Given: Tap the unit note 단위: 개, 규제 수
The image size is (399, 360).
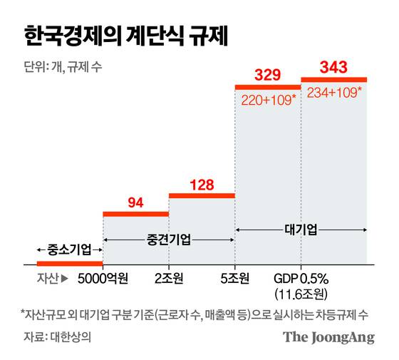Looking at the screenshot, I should pyautogui.click(x=68, y=69).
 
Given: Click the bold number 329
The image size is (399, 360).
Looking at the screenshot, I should pyautogui.click(x=267, y=74).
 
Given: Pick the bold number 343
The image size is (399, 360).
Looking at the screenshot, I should pyautogui.click(x=333, y=68).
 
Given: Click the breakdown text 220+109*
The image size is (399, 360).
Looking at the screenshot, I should pyautogui.click(x=267, y=99).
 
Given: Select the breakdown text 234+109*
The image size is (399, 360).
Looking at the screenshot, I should pyautogui.click(x=333, y=92).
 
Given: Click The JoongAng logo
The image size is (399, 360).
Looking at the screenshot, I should pyautogui.click(x=328, y=337).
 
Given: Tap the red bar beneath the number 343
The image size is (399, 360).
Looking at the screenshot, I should pyautogui.click(x=333, y=79).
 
